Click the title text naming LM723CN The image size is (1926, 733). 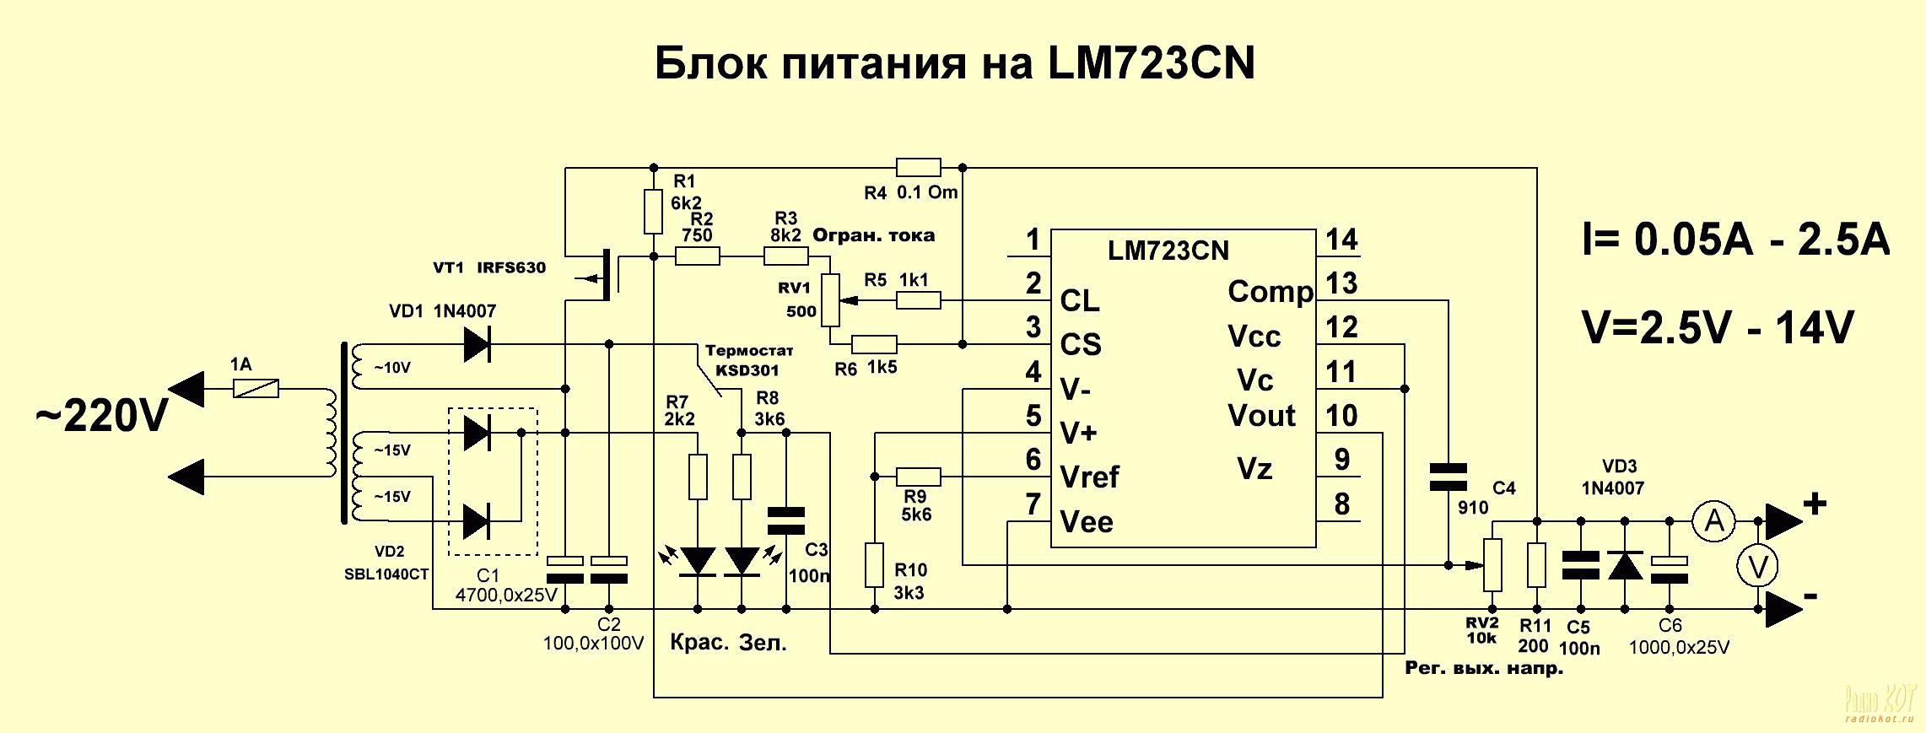(x=954, y=63)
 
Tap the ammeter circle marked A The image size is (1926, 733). (x=1714, y=521)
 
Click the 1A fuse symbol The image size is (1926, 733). (x=256, y=389)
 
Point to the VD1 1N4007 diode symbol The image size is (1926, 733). (x=477, y=344)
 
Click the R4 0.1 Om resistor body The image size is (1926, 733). (x=918, y=167)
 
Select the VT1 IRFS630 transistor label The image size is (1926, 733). (x=489, y=268)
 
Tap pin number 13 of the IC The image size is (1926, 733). (x=1341, y=283)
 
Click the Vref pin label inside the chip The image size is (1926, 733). (x=1089, y=477)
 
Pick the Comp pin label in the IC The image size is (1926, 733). (x=1270, y=292)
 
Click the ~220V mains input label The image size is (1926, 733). (x=101, y=417)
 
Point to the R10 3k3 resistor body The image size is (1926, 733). (x=874, y=565)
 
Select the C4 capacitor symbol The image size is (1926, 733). (x=1449, y=477)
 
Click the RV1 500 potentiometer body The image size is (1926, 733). (x=831, y=299)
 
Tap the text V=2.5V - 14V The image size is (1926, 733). (x=1718, y=329)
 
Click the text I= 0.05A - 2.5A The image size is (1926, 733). (x=1735, y=240)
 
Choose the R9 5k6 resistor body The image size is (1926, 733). (x=918, y=477)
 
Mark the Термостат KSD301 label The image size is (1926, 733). (x=748, y=360)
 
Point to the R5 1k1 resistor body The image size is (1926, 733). (x=918, y=299)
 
